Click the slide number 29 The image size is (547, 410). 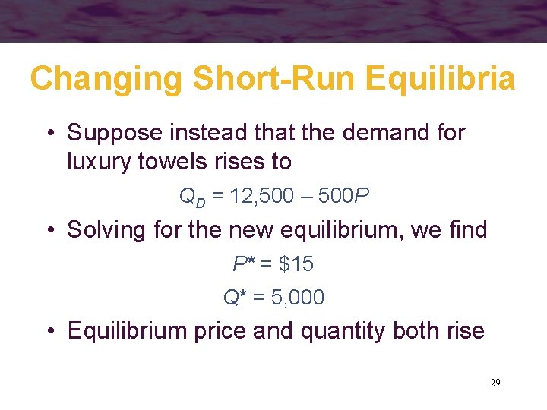[x=495, y=383]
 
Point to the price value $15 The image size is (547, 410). [x=296, y=263]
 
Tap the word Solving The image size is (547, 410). [x=100, y=229]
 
